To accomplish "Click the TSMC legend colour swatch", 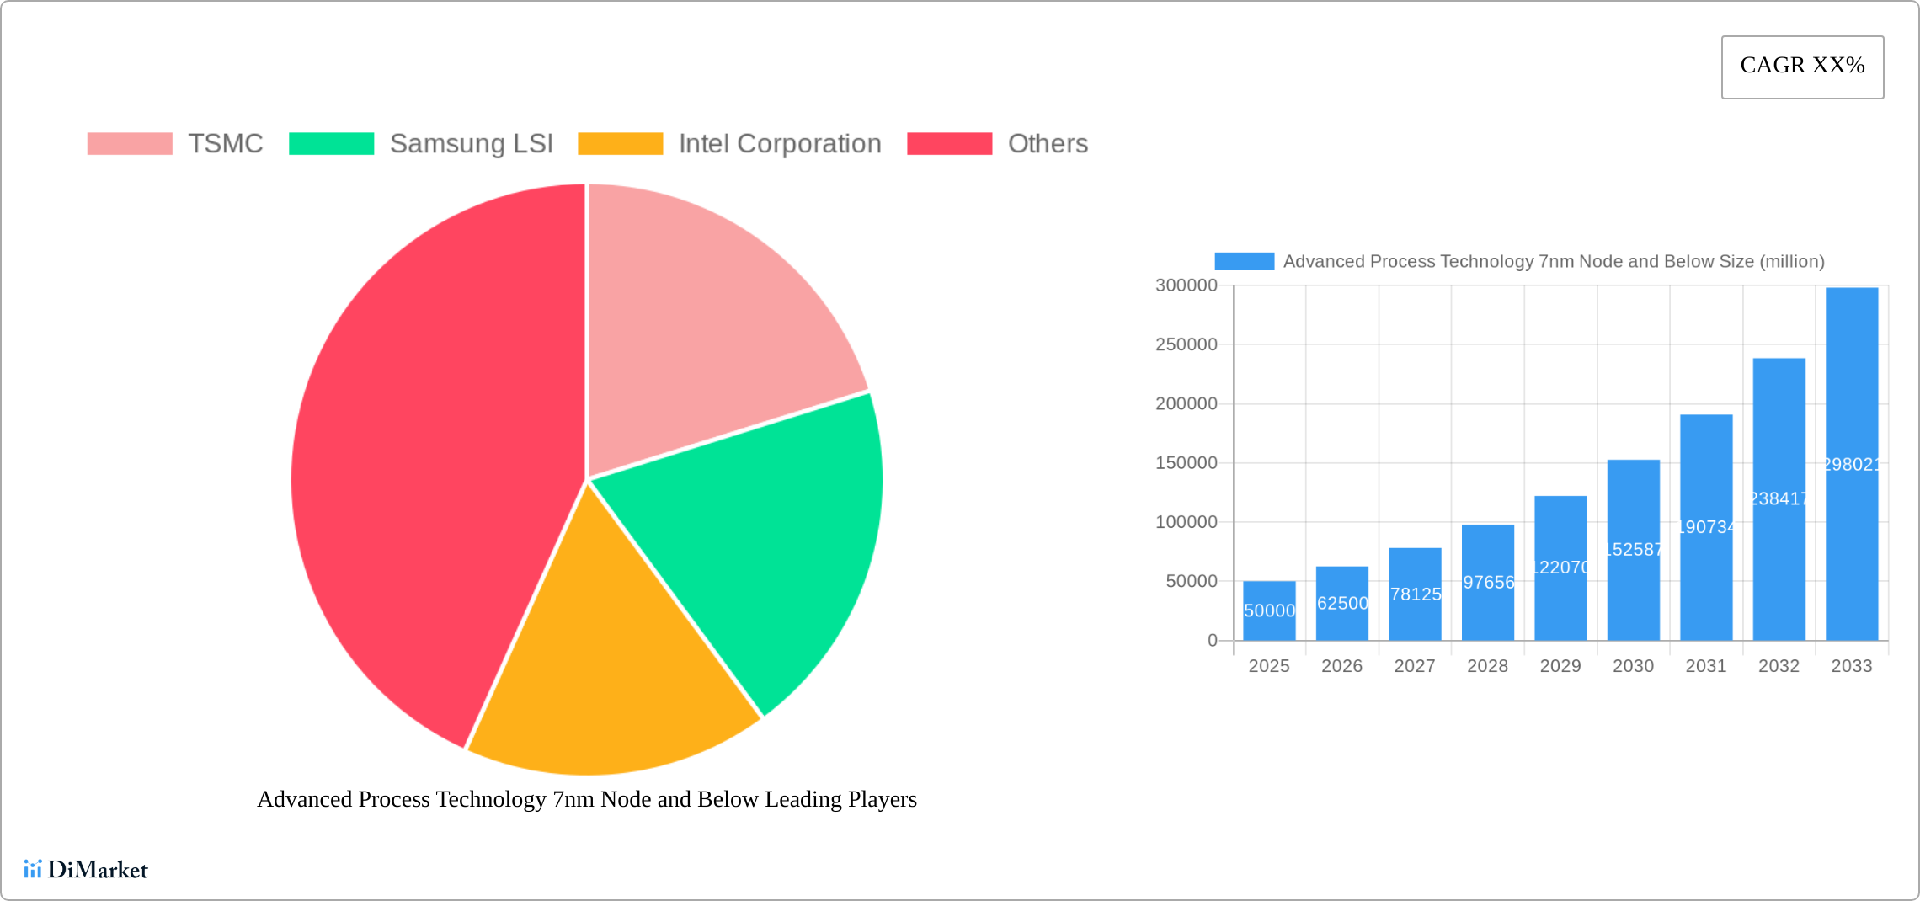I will pyautogui.click(x=130, y=144).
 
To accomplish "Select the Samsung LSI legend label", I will pyautogui.click(x=471, y=144).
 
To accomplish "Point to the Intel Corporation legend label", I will pyautogui.click(x=780, y=144).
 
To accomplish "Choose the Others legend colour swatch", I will pyautogui.click(x=949, y=144).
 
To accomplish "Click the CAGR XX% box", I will pyautogui.click(x=1802, y=67).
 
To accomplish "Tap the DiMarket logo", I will pyautogui.click(x=86, y=869).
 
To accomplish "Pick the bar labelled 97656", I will pyautogui.click(x=1488, y=582).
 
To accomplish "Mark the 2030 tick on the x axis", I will pyautogui.click(x=1633, y=666).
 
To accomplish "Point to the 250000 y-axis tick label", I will pyautogui.click(x=1186, y=344).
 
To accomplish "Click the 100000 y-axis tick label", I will pyautogui.click(x=1186, y=522).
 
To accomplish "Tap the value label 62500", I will pyautogui.click(x=1342, y=603).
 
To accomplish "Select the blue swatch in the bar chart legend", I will pyautogui.click(x=1244, y=262).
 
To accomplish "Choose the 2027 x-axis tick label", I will pyautogui.click(x=1415, y=666).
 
